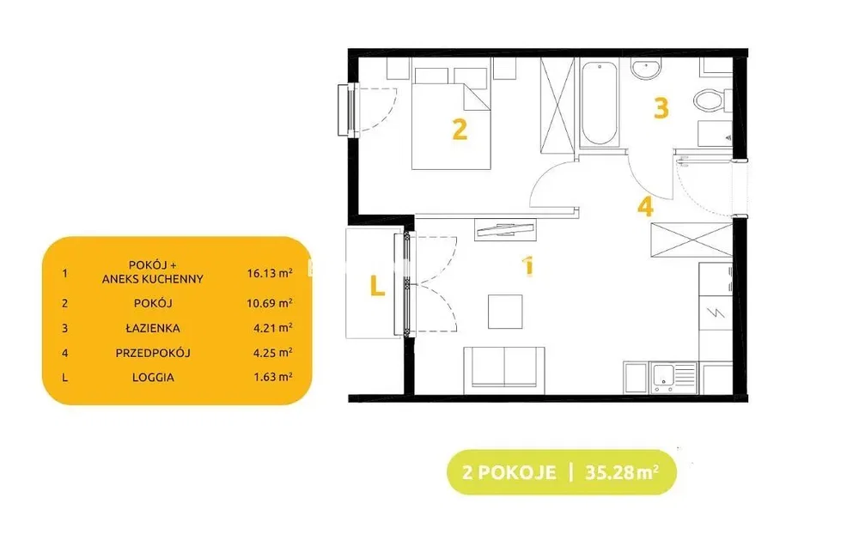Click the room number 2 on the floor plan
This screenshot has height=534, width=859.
click(460, 130)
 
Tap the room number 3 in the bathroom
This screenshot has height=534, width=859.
click(661, 108)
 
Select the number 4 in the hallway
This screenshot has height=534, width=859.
click(645, 207)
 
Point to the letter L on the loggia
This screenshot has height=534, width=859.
click(377, 287)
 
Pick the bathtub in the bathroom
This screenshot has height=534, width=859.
click(599, 104)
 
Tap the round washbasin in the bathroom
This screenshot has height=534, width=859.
click(646, 70)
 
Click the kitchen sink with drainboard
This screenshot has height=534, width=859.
click(673, 378)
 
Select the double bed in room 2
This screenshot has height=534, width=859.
click(451, 118)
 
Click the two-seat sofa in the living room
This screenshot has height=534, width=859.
click(504, 370)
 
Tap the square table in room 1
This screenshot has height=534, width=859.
click(505, 312)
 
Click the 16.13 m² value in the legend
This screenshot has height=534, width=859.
click(270, 273)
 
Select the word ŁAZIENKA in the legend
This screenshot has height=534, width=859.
click(153, 328)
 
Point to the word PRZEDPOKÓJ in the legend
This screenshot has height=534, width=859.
click(153, 353)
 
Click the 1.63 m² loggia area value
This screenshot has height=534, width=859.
click(273, 377)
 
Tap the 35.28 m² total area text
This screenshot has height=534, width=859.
click(622, 471)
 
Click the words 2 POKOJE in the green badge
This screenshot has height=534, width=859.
click(509, 472)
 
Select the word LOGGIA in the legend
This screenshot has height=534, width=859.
click(153, 378)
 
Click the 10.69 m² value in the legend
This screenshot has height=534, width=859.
click(270, 303)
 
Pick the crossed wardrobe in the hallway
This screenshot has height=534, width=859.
click(691, 240)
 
